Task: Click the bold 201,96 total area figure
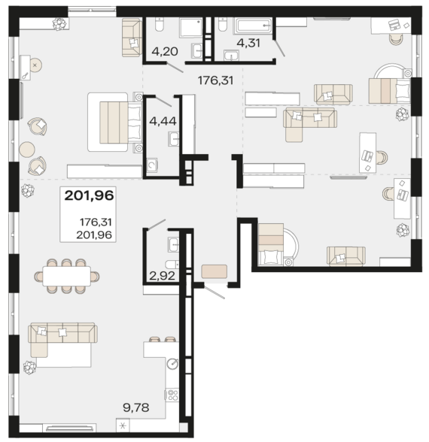(89, 195)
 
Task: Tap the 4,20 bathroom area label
(165, 51)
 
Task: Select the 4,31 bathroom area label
(248, 43)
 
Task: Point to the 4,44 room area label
(163, 121)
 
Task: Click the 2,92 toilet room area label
(163, 276)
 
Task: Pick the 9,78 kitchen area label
(136, 407)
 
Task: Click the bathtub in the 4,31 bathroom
(253, 26)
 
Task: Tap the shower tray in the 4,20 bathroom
(191, 28)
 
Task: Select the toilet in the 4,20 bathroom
(160, 24)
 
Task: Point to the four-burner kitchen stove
(172, 395)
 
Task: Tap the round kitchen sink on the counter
(172, 364)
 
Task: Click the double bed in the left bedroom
(114, 122)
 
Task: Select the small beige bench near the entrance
(214, 271)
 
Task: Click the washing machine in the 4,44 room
(152, 165)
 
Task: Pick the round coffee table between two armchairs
(27, 150)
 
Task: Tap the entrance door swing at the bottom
(214, 292)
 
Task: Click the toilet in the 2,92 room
(172, 265)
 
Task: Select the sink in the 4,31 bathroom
(232, 56)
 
